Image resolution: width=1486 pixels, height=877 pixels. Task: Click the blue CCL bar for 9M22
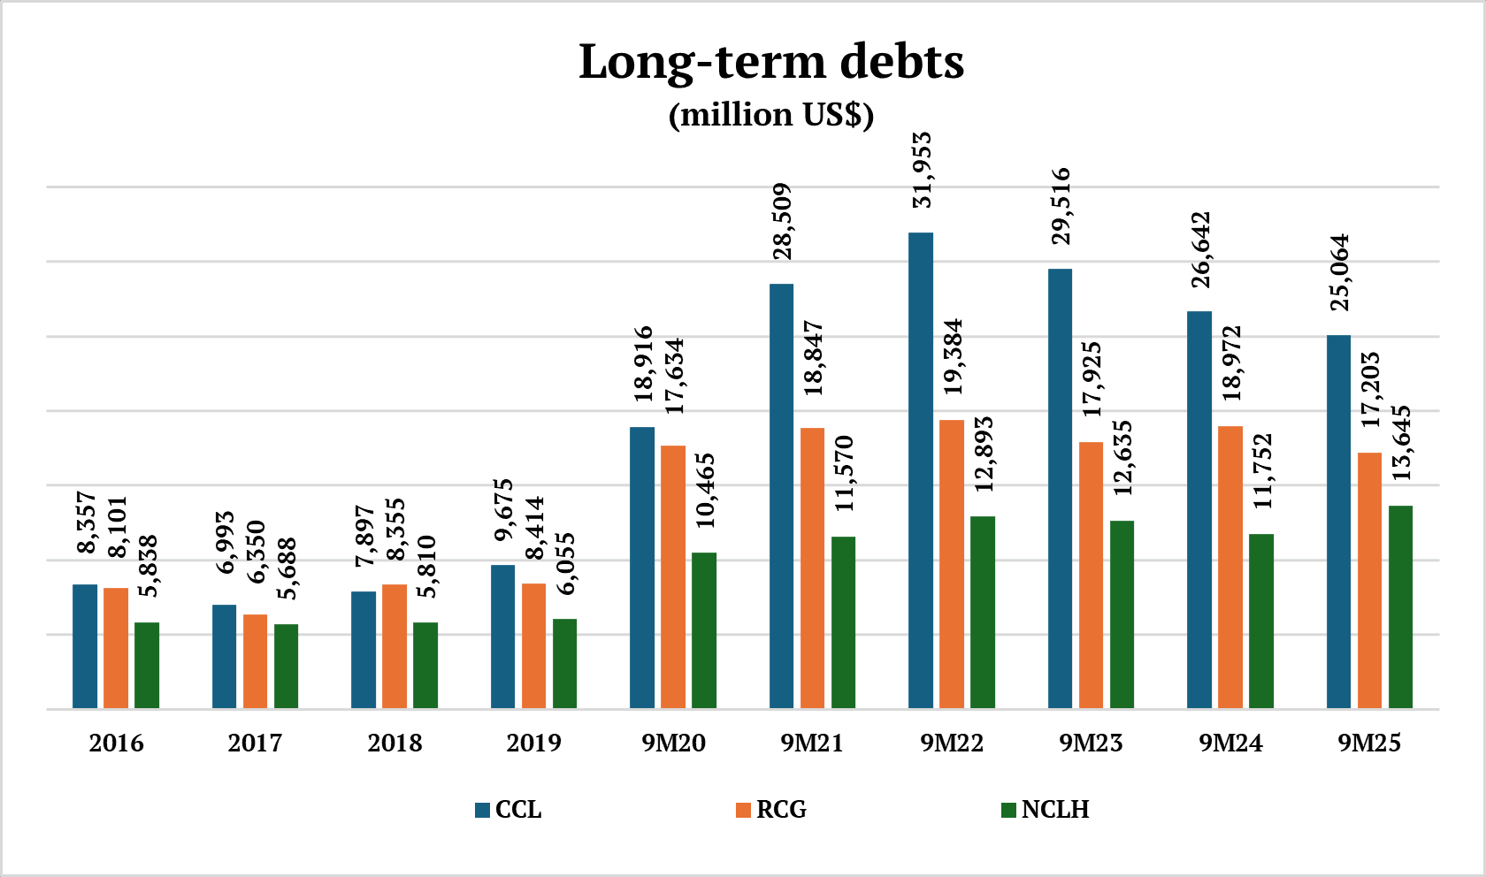coord(920,470)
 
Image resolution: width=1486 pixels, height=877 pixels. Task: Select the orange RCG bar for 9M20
coord(673,576)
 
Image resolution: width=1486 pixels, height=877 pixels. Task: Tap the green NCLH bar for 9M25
coord(1400,606)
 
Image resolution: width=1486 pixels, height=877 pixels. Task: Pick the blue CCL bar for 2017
coord(224,656)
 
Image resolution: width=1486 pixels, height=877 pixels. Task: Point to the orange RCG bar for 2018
coord(394,645)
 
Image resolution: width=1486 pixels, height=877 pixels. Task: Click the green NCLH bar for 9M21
coord(843,622)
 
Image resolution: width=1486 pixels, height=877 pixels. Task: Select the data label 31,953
coord(922,170)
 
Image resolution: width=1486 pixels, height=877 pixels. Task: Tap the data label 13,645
coord(1401,443)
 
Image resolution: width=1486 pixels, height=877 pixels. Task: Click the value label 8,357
coord(86,522)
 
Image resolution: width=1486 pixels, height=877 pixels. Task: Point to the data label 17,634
coord(674,376)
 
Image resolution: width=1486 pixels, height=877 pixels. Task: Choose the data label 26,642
coord(1200,249)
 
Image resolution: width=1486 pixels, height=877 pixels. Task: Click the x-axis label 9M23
coord(1091,743)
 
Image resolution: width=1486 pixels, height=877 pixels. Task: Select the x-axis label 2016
coord(116,743)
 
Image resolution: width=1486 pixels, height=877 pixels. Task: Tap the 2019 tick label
coord(533,743)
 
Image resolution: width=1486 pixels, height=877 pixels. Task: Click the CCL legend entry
coord(509,810)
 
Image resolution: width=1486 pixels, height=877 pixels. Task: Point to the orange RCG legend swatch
coord(743,810)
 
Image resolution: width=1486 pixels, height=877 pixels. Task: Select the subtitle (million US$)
coord(770,115)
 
